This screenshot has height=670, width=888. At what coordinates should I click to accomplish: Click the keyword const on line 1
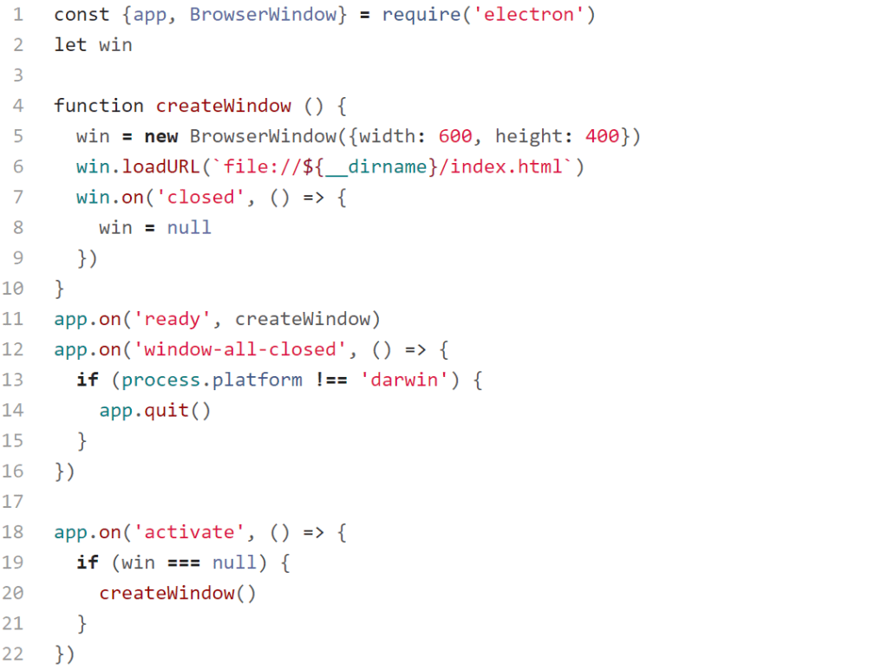[x=82, y=15]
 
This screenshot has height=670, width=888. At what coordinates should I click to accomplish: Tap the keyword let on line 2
[x=70, y=45]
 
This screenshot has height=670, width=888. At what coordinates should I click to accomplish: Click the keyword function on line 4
[x=99, y=106]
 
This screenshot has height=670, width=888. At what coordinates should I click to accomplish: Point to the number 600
[x=455, y=136]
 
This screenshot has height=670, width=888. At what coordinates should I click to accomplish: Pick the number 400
[x=602, y=136]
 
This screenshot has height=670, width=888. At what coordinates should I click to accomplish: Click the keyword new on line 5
[x=161, y=136]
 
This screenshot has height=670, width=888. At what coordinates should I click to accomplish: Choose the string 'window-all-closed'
[x=240, y=349]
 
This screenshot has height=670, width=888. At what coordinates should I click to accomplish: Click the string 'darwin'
[x=404, y=380]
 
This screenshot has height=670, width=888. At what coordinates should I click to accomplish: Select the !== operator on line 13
[x=330, y=380]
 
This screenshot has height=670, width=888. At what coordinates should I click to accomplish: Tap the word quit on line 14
[x=166, y=410]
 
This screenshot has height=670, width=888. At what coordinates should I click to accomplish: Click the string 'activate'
[x=189, y=532]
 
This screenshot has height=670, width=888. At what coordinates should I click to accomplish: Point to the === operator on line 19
[x=184, y=563]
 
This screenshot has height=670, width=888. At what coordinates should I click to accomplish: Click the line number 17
[x=13, y=502]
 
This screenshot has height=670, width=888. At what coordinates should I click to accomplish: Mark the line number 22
[x=13, y=654]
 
